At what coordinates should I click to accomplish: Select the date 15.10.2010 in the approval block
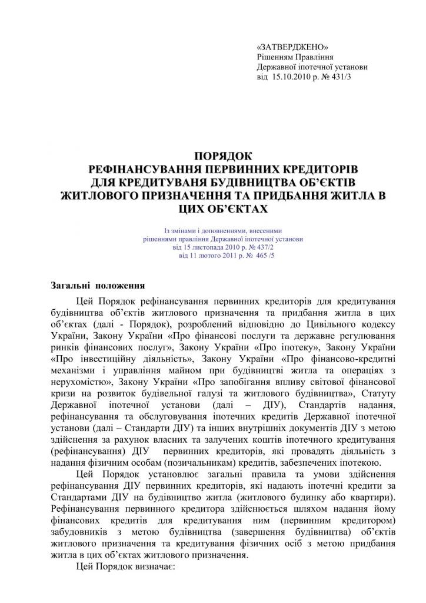[x=294, y=77]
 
